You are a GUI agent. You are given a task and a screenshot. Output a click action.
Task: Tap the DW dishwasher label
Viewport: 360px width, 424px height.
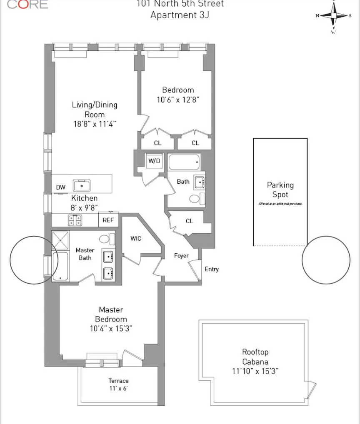tap(60, 187)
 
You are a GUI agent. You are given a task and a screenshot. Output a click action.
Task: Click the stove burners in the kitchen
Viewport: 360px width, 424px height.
tap(75, 219)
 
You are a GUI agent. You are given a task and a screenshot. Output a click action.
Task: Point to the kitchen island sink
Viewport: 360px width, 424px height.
tap(82, 185)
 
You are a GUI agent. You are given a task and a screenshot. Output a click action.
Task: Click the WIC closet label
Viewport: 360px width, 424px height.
tap(136, 239)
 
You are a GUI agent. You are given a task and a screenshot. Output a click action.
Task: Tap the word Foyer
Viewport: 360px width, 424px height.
tap(181, 256)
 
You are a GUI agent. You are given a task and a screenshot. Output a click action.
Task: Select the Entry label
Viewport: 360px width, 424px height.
tap(212, 269)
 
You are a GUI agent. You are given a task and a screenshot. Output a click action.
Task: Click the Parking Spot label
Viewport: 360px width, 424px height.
tap(280, 190)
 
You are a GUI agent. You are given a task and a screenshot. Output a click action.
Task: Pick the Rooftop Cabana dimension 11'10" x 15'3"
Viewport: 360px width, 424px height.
tap(255, 371)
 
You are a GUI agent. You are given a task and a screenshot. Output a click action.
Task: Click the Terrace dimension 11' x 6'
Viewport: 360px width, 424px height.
tap(119, 389)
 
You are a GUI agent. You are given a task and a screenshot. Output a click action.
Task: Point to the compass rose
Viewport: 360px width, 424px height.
tap(333, 15)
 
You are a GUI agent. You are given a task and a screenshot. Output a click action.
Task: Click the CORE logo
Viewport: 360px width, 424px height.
tap(27, 4)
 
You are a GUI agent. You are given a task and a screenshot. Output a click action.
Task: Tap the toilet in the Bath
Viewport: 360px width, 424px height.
tap(195, 199)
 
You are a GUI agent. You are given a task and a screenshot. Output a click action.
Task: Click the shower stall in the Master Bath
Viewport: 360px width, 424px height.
tap(61, 240)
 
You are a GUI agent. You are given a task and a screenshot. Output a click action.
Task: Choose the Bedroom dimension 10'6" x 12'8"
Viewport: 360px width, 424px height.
tap(178, 100)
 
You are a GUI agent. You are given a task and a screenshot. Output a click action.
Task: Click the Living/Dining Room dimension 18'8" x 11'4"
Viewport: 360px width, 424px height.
tap(94, 124)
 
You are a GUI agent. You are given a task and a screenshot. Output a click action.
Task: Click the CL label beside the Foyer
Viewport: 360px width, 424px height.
tap(190, 221)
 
